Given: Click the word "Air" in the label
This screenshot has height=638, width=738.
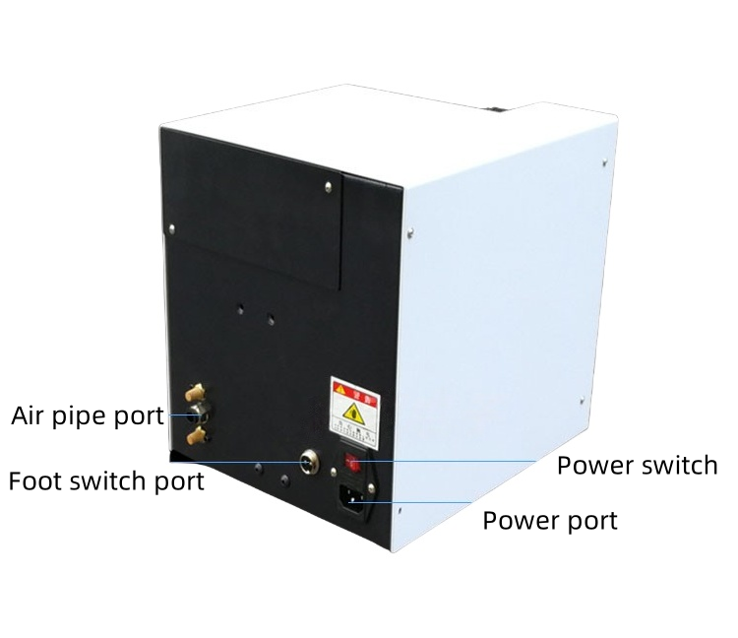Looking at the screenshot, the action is click(31, 415).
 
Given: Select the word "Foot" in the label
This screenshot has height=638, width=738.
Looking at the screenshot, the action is click(38, 481).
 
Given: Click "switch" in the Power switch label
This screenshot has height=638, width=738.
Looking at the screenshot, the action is click(673, 465).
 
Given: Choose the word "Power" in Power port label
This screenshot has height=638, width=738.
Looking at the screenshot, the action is click(522, 520).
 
